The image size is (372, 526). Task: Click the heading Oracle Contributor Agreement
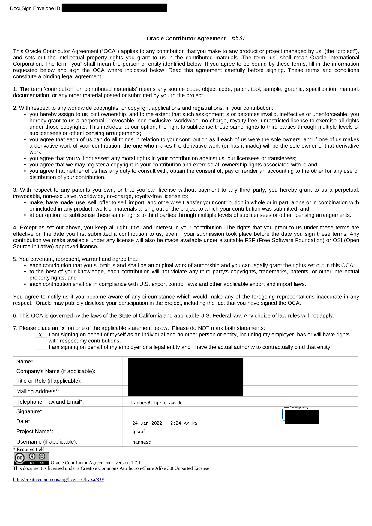186,39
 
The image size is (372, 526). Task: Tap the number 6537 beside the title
239,38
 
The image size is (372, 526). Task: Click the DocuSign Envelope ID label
35,8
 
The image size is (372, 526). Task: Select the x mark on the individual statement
40,335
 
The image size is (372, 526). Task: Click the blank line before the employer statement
41,347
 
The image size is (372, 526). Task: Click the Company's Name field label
56,371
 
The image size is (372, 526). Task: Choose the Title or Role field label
49,381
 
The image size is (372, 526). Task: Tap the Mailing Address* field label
37,391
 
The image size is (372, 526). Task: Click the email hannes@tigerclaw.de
157,403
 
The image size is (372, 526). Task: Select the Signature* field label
30,411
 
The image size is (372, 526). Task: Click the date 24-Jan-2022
147,423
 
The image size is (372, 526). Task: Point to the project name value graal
139,432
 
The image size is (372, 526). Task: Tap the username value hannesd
142,442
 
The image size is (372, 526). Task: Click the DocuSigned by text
299,408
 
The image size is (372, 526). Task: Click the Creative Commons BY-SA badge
31,458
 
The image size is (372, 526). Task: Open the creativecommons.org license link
58,480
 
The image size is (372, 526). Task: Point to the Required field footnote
29,449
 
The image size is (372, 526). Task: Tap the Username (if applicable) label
46,442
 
